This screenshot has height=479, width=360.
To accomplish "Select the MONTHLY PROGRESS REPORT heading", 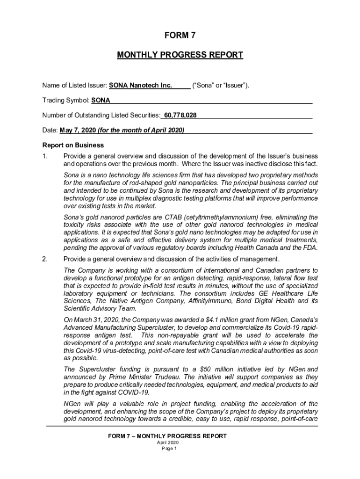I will point(180,55).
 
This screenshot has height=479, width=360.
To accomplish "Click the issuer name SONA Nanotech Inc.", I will point(141,86).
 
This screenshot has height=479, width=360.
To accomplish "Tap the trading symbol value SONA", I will point(101,101).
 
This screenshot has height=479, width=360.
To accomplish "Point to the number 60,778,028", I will point(180,115).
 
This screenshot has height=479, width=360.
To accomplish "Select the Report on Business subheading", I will point(73,145).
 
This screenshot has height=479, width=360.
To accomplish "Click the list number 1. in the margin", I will point(45,156).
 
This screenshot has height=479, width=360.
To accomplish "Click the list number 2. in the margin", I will point(45,259).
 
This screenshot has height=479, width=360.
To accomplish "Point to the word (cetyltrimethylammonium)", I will point(225,218).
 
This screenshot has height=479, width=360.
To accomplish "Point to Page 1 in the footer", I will point(167,448).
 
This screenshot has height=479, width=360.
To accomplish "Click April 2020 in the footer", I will point(167,443).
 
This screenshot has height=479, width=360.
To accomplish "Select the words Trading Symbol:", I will point(65,101).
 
